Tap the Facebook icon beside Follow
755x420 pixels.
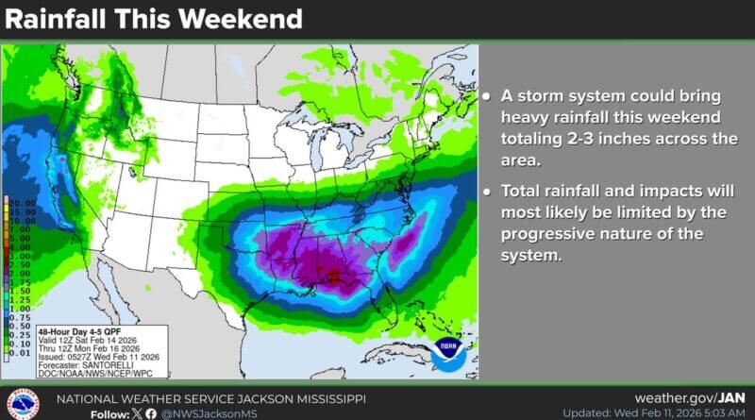click(x=151, y=413)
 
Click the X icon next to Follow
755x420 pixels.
click(x=136, y=413)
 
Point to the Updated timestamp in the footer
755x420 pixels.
click(x=652, y=413)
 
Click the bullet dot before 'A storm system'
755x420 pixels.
click(x=485, y=97)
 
